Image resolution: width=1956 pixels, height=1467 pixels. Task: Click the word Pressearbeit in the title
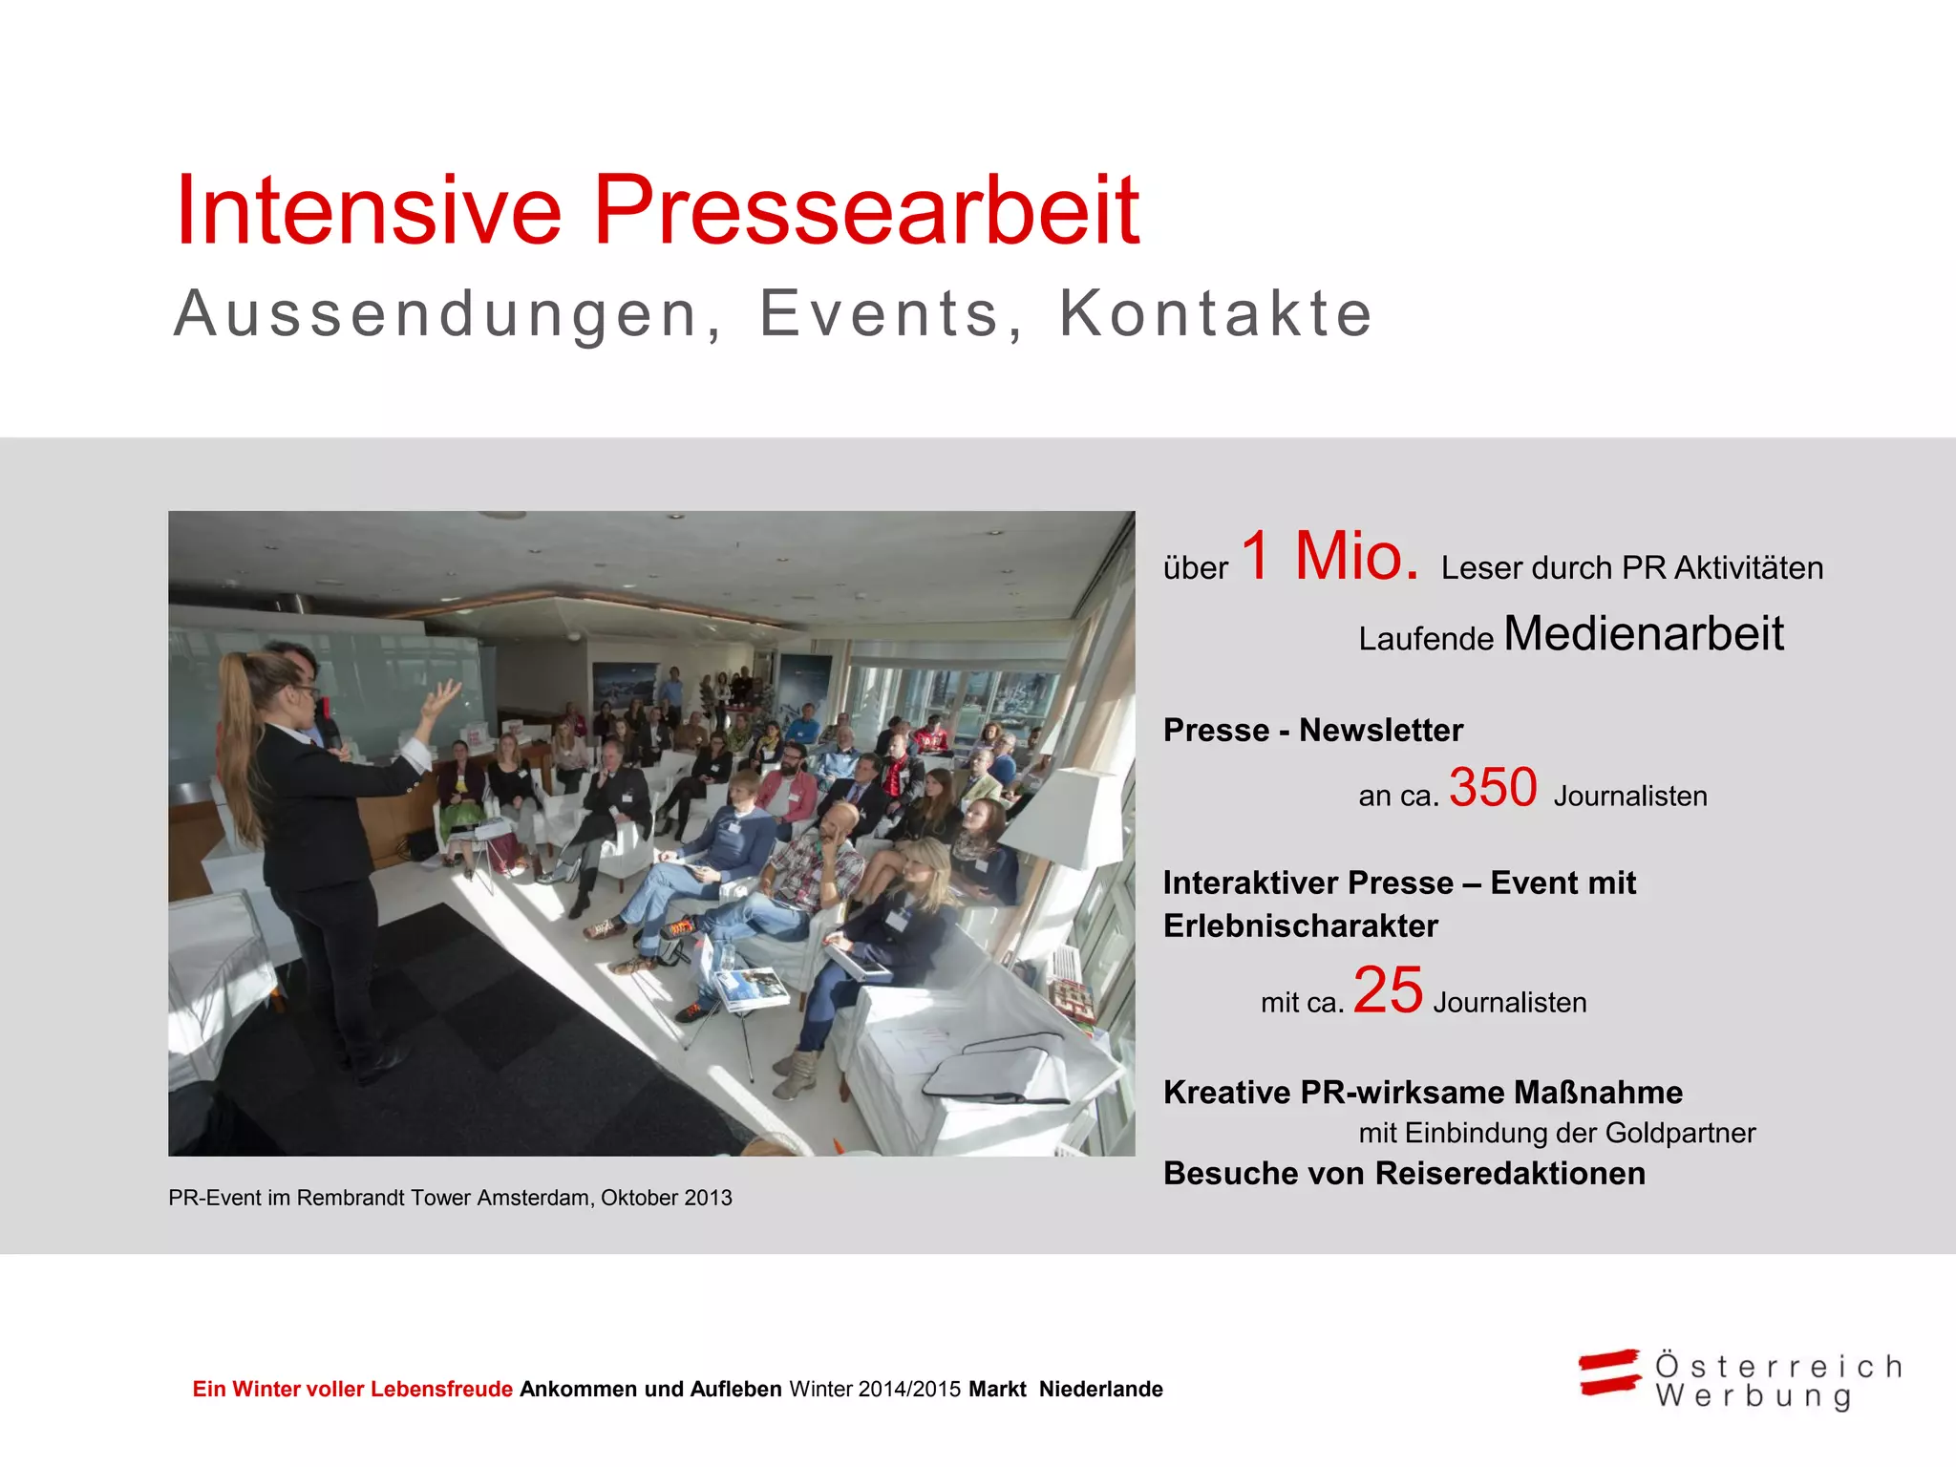tap(866, 211)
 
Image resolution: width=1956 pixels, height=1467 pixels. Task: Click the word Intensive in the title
tap(369, 211)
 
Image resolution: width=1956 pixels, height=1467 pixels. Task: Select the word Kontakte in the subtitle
tap(1216, 313)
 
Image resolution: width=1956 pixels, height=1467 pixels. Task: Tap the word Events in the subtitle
tap(879, 313)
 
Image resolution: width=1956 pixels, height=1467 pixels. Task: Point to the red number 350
tap(1493, 788)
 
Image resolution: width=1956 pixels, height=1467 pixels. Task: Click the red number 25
tap(1388, 990)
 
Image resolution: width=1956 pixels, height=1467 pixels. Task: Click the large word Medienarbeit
tap(1644, 633)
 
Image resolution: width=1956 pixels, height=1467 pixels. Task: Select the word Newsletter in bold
tap(1381, 731)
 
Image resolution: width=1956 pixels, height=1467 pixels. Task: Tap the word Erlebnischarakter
tap(1300, 926)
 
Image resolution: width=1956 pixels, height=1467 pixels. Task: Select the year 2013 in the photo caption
tap(709, 1199)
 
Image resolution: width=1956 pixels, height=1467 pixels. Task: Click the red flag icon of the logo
tap(1609, 1373)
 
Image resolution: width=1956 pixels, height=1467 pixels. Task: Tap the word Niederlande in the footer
tap(1100, 1390)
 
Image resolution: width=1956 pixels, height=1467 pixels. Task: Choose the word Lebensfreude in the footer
tap(441, 1390)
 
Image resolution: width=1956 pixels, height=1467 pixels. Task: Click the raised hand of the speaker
tap(441, 699)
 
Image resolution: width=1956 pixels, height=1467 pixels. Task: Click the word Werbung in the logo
tap(1754, 1396)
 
